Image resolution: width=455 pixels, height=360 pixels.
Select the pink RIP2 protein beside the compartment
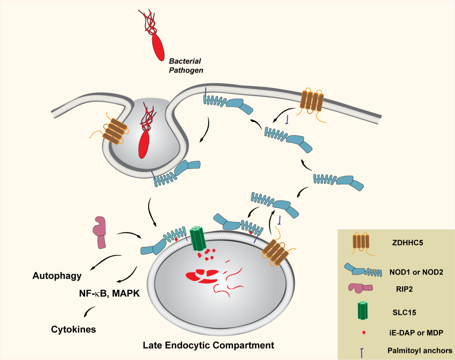[x=100, y=232]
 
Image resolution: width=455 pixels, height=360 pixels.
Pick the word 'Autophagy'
[x=57, y=276]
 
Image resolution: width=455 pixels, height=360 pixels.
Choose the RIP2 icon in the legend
[x=362, y=288]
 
